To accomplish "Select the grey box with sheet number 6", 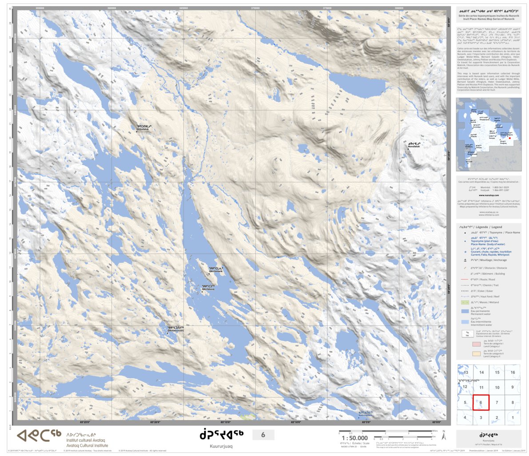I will point(263,435).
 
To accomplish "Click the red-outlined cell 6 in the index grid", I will point(481,402).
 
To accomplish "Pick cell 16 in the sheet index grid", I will point(513,373).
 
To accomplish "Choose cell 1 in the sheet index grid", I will point(513,417).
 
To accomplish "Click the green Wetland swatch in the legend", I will point(465,302).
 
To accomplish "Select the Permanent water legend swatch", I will point(465,312).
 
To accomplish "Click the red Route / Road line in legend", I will point(465,279).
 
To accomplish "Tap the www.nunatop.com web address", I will point(488,195).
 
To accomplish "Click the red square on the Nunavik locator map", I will point(510,138).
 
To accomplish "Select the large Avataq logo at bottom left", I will point(39,437).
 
